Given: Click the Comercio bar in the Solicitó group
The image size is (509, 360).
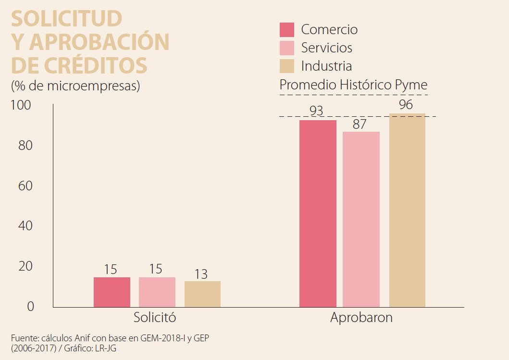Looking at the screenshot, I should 112,292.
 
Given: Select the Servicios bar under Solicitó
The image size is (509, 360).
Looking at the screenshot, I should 157,292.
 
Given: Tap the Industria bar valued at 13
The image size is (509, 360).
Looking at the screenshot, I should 202,294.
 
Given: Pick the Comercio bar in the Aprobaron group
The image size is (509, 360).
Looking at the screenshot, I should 318,213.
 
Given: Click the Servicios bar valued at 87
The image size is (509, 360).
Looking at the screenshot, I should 361,219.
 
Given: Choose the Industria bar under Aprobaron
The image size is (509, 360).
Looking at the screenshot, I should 407,210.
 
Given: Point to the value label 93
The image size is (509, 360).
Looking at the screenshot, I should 316,111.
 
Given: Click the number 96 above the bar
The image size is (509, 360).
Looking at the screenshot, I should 406,104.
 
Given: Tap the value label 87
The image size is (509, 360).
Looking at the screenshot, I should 360,124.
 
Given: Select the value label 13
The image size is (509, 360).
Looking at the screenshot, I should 201,274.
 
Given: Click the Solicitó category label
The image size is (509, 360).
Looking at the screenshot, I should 155,318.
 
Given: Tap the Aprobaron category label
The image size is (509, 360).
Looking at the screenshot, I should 361,318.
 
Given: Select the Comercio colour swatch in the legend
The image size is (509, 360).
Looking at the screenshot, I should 286,30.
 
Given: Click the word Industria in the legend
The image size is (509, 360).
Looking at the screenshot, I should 326,66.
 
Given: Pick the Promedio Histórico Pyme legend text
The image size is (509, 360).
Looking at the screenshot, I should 353,85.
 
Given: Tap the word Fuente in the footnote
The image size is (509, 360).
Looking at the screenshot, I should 23,338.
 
